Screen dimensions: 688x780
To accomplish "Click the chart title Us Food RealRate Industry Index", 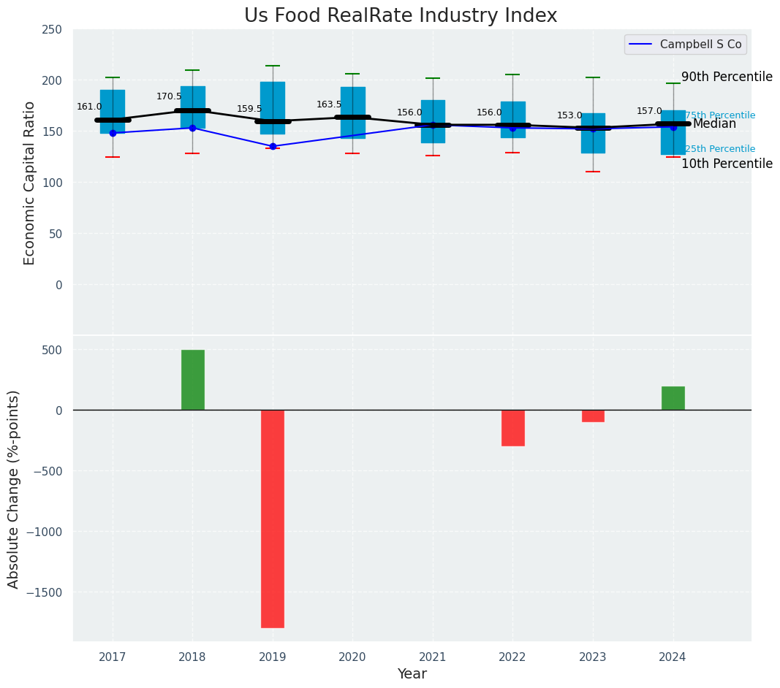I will click(x=401, y=16).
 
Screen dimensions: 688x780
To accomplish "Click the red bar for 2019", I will click(x=273, y=519).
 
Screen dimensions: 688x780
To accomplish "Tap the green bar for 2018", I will click(x=193, y=380).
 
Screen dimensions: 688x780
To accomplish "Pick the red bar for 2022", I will click(x=513, y=428).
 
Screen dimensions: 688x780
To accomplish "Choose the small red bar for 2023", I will click(x=593, y=416).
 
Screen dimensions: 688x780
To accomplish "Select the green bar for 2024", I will click(x=673, y=398).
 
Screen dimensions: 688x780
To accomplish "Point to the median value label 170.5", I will click(x=169, y=96).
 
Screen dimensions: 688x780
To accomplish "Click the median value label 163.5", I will click(x=329, y=104).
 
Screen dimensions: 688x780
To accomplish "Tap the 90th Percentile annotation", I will click(x=727, y=77).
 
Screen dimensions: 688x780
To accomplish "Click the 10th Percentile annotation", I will click(x=727, y=164).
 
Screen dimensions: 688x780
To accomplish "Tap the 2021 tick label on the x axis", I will click(x=433, y=657).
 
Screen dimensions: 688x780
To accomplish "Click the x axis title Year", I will click(x=412, y=674).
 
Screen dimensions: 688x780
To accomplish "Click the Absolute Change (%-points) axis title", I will click(x=14, y=489).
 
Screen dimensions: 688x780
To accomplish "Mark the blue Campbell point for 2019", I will click(x=273, y=146).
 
